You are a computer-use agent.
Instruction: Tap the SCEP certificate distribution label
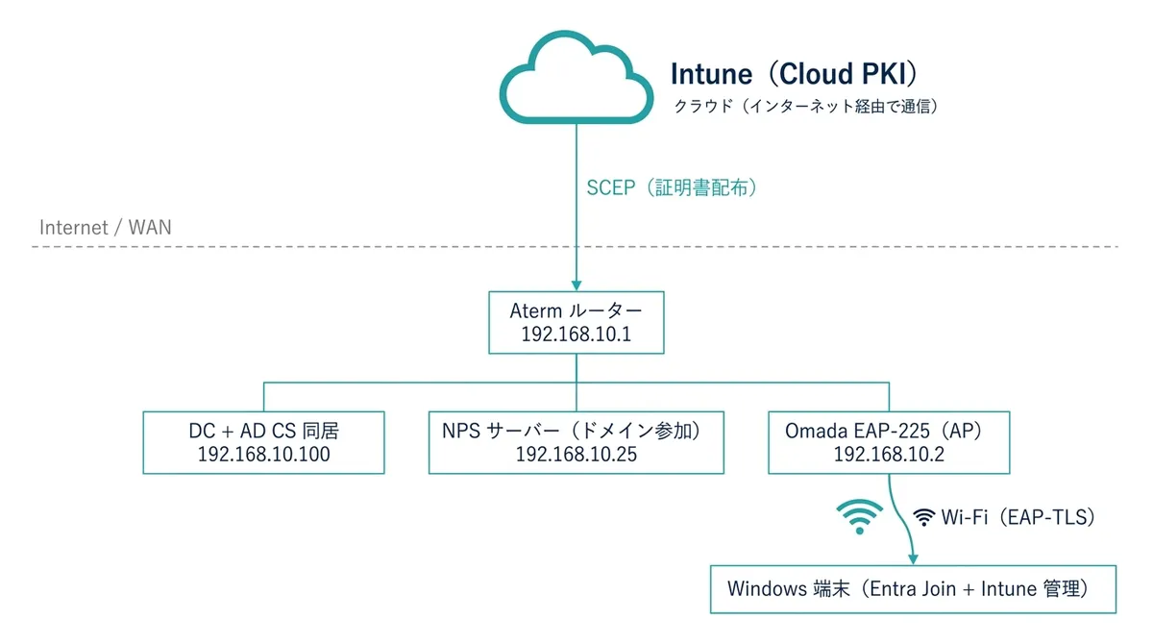tap(673, 188)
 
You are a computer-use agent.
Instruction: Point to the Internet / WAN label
tap(106, 228)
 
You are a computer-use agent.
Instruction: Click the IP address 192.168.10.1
tap(576, 335)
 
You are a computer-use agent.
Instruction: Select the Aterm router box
tap(576, 323)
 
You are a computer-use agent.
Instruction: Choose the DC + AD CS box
tap(263, 442)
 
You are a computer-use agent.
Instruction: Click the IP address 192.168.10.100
tap(263, 455)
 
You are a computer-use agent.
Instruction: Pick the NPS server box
tap(576, 442)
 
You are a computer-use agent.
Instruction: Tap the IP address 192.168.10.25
tap(576, 455)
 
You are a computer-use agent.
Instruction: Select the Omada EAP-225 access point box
tap(889, 442)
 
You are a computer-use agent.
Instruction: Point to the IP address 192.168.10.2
tap(889, 455)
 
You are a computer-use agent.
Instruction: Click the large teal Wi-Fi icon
tap(858, 516)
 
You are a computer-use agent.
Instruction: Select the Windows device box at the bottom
tap(913, 588)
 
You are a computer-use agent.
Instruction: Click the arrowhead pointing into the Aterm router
tap(576, 285)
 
